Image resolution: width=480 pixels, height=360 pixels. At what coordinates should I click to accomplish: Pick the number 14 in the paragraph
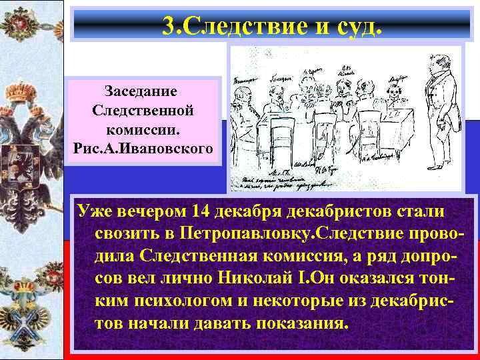[204, 213]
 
